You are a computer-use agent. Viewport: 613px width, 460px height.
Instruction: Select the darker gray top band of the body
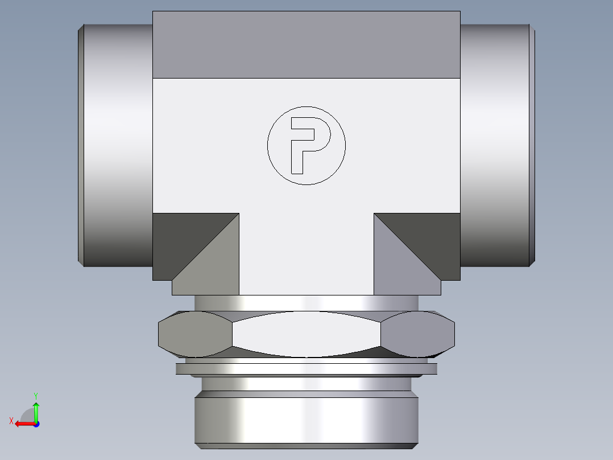(306, 44)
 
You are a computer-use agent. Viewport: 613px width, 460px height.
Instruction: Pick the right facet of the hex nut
(418, 334)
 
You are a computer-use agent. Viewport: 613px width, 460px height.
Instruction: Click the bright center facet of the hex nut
(306, 334)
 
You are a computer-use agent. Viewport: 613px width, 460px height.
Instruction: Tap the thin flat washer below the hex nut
(306, 369)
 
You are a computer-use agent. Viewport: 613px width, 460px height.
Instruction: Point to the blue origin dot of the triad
(36, 424)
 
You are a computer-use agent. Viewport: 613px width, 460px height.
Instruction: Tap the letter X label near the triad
(11, 421)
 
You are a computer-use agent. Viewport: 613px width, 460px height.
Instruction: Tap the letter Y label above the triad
(35, 395)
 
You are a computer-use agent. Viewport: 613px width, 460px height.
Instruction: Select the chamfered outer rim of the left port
(81, 145)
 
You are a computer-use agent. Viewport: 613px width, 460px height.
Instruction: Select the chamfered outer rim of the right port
(532, 145)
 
